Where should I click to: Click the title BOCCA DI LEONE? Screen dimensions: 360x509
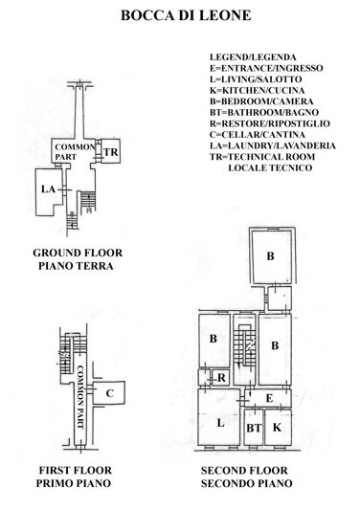click(180, 16)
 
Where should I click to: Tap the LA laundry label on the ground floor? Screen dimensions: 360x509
click(49, 189)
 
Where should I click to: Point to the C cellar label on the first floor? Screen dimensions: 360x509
click(110, 393)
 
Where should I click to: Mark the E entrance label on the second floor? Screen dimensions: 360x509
click(270, 397)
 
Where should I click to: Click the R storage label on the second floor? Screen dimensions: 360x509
click(221, 377)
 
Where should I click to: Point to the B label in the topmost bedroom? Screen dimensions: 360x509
click(271, 255)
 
